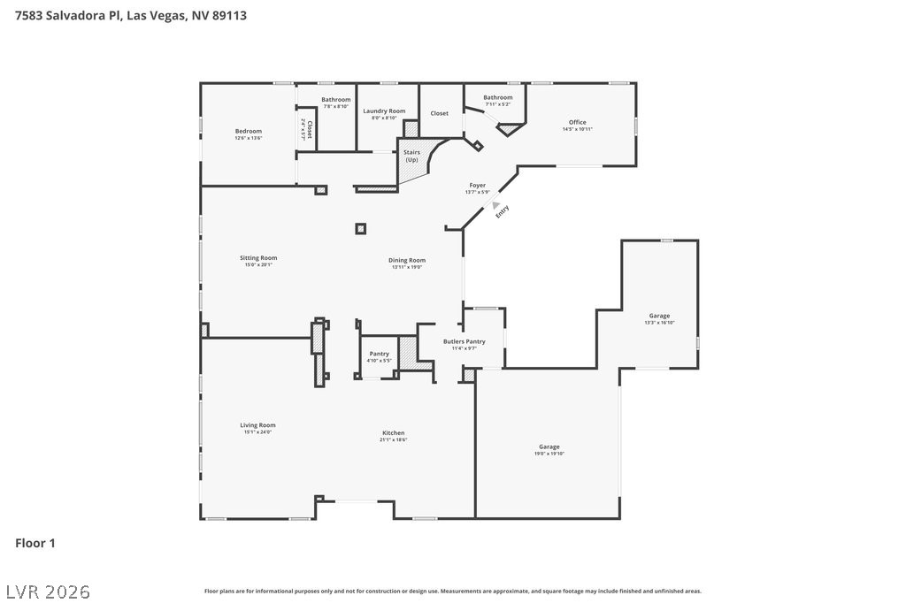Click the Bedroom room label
249,131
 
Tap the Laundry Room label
384,111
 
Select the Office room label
577,122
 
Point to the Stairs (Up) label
411,156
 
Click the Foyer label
478,186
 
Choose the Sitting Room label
258,258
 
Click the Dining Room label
407,260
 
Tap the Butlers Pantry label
465,341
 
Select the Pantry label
380,354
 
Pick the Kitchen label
393,433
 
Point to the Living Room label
258,425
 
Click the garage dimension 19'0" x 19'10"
549,454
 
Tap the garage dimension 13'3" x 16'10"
659,323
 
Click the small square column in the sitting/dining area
360,229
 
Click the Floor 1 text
35,543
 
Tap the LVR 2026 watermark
48,590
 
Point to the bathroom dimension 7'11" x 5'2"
498,104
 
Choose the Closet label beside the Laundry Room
440,113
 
